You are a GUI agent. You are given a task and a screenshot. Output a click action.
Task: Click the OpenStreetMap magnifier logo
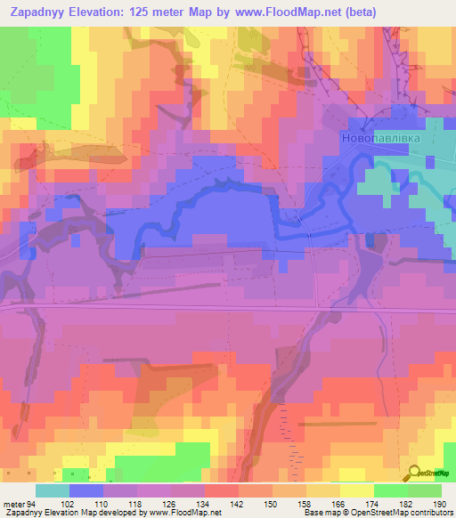(x=416, y=473)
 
